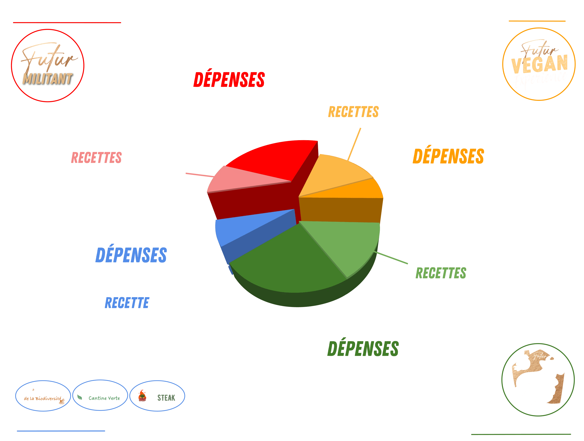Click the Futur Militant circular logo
click(x=48, y=65)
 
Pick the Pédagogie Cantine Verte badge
click(x=100, y=395)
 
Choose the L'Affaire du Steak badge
click(x=157, y=396)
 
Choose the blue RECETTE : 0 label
click(x=136, y=303)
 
